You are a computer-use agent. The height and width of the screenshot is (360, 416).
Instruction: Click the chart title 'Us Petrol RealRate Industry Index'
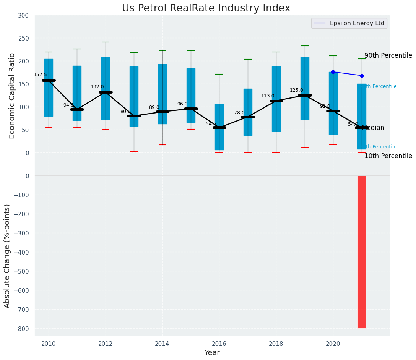point(206,8)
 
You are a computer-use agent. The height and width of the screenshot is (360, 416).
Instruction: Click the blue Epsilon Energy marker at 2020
point(333,72)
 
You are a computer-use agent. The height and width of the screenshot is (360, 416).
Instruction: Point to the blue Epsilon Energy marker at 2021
point(362,76)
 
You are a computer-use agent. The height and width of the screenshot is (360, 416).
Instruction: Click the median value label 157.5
point(40,75)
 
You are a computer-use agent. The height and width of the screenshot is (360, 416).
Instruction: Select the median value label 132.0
point(97,87)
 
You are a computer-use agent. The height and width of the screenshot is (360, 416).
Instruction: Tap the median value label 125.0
point(296,90)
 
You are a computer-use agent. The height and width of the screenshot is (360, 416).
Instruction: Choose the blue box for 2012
point(106,88)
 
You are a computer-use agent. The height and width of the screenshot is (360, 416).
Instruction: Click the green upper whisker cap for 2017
point(248,59)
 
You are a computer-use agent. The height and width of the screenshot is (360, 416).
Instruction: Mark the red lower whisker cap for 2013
point(134,152)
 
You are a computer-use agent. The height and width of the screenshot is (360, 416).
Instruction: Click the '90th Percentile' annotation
point(388,55)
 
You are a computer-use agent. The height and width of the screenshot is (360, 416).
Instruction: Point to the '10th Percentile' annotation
point(388,156)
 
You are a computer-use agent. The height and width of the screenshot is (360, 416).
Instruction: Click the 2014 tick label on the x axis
point(162,344)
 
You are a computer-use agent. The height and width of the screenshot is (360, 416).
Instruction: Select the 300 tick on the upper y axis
point(23,15)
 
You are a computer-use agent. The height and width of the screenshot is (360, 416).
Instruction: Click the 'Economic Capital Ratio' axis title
point(12,96)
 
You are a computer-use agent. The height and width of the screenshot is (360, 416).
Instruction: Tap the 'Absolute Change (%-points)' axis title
point(7,256)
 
